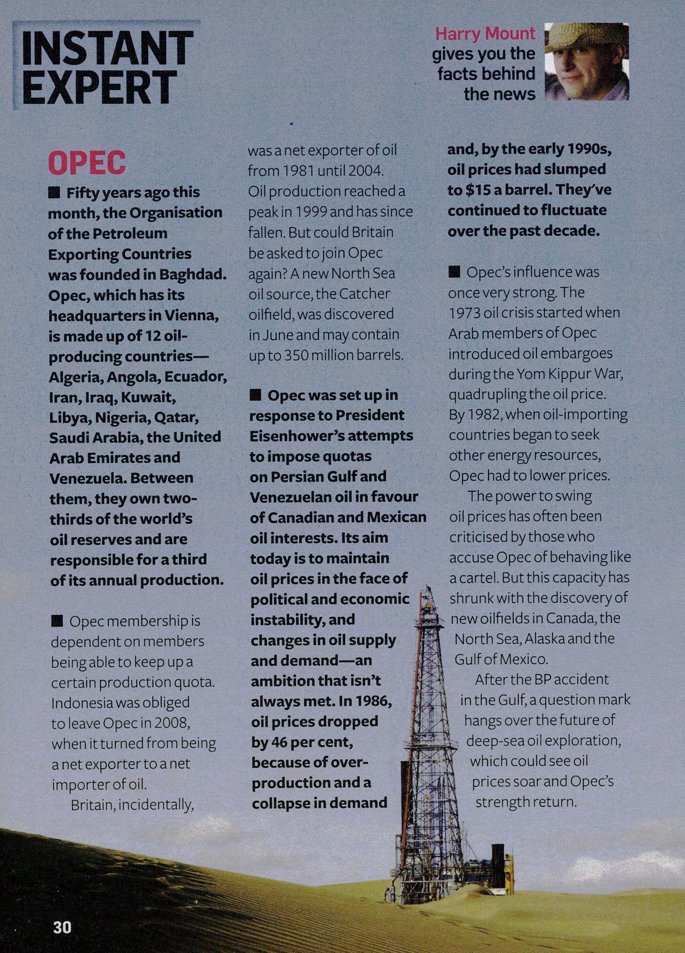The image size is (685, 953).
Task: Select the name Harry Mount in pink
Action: [x=485, y=34]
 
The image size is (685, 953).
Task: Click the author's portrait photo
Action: [x=586, y=62]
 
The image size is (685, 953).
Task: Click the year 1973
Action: [x=464, y=313]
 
